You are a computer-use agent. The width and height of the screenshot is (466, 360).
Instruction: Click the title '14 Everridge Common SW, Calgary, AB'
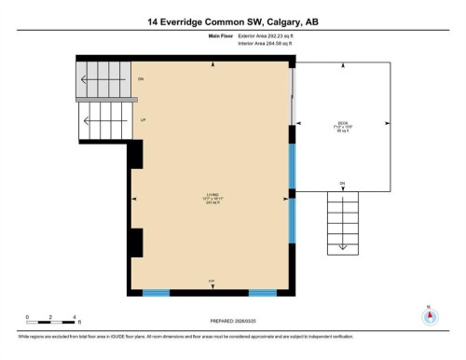pyautogui.click(x=232, y=21)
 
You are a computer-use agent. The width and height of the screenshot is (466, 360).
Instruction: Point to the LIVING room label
pyautogui.click(x=212, y=197)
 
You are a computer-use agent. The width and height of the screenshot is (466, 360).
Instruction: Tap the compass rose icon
pyautogui.click(x=430, y=315)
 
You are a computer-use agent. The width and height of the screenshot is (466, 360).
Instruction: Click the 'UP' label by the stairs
pyautogui.click(x=143, y=120)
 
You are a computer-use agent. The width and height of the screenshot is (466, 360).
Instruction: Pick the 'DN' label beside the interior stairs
pyautogui.click(x=141, y=79)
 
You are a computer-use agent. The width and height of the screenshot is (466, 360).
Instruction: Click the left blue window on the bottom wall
pyautogui.click(x=156, y=293)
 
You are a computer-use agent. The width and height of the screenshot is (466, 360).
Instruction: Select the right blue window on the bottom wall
pyautogui.click(x=263, y=293)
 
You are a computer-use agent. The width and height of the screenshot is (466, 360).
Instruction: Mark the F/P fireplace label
pyautogui.click(x=212, y=281)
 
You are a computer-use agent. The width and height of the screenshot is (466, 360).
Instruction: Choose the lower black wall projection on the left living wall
pyautogui.click(x=136, y=242)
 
